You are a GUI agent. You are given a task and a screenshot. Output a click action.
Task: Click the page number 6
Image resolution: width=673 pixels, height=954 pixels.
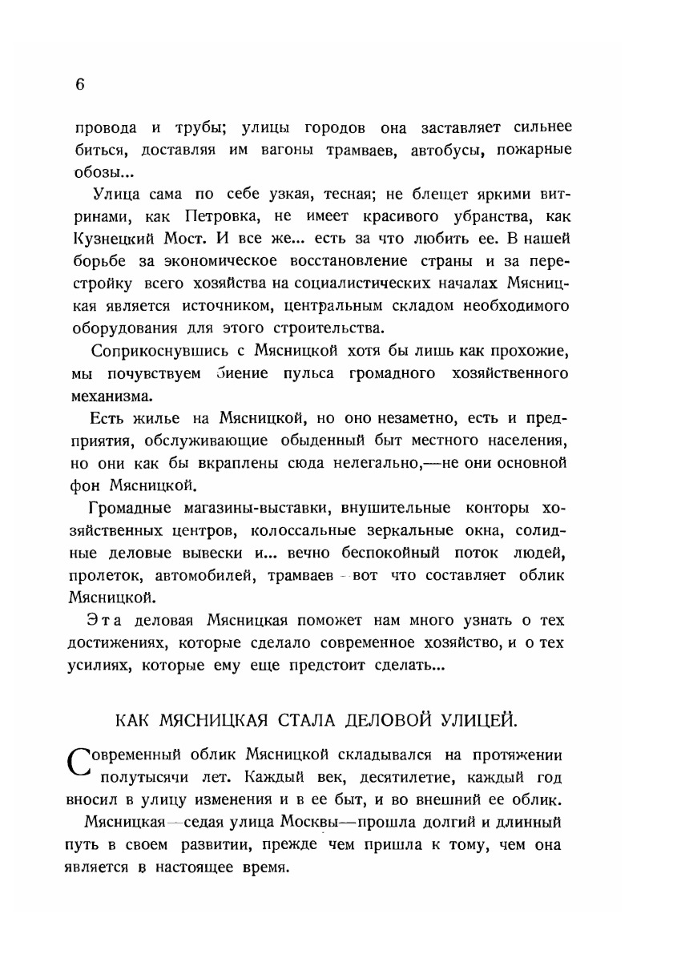tap(79, 87)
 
